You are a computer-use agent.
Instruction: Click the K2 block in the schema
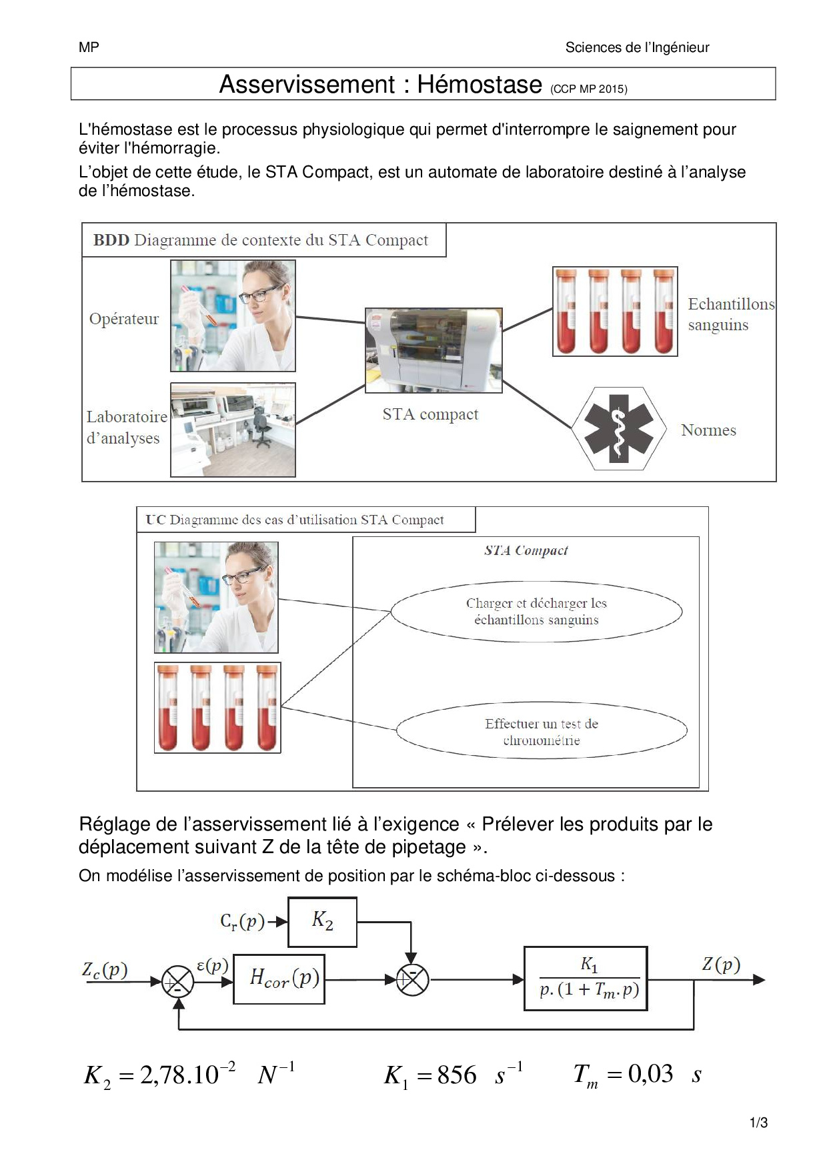tap(322, 922)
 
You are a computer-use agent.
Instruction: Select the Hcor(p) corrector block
tap(279, 979)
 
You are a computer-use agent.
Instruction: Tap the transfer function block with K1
tap(586, 978)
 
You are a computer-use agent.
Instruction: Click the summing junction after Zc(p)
tap(177, 982)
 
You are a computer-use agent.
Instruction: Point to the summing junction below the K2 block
tap(412, 980)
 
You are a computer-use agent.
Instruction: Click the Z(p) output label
tap(721, 964)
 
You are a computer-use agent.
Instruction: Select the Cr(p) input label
tap(242, 922)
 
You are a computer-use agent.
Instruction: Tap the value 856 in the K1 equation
tap(457, 1075)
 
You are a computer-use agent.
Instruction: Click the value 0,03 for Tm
tap(650, 1074)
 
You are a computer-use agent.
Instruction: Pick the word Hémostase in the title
tap(479, 85)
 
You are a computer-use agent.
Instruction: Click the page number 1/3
tap(759, 1123)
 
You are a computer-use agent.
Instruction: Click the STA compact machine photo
tap(434, 350)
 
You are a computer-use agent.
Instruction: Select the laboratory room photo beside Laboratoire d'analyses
tap(233, 430)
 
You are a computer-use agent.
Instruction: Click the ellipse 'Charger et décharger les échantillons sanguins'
tap(536, 612)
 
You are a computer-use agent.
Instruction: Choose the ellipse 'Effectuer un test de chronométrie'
tap(541, 732)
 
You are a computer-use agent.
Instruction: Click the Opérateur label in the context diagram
tap(124, 319)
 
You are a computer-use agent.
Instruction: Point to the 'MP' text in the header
tap(89, 47)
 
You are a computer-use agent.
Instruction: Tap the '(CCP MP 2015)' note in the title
tap(588, 89)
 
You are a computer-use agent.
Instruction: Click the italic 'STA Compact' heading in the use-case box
tap(526, 550)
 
